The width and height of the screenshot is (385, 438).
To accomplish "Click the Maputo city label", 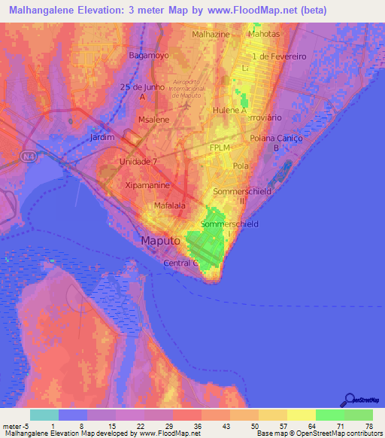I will (x=160, y=241).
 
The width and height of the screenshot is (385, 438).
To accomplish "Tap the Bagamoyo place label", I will (x=147, y=56).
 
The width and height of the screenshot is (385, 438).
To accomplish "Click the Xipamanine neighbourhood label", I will (x=147, y=184).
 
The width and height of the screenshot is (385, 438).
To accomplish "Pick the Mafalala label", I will (x=171, y=202).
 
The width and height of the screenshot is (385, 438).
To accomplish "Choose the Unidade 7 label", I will (x=138, y=162).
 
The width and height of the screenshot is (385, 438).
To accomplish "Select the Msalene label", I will (x=153, y=120).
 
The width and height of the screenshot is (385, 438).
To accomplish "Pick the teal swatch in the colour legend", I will (x=44, y=415).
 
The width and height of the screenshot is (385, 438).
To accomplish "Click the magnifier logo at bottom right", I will (x=349, y=400).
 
